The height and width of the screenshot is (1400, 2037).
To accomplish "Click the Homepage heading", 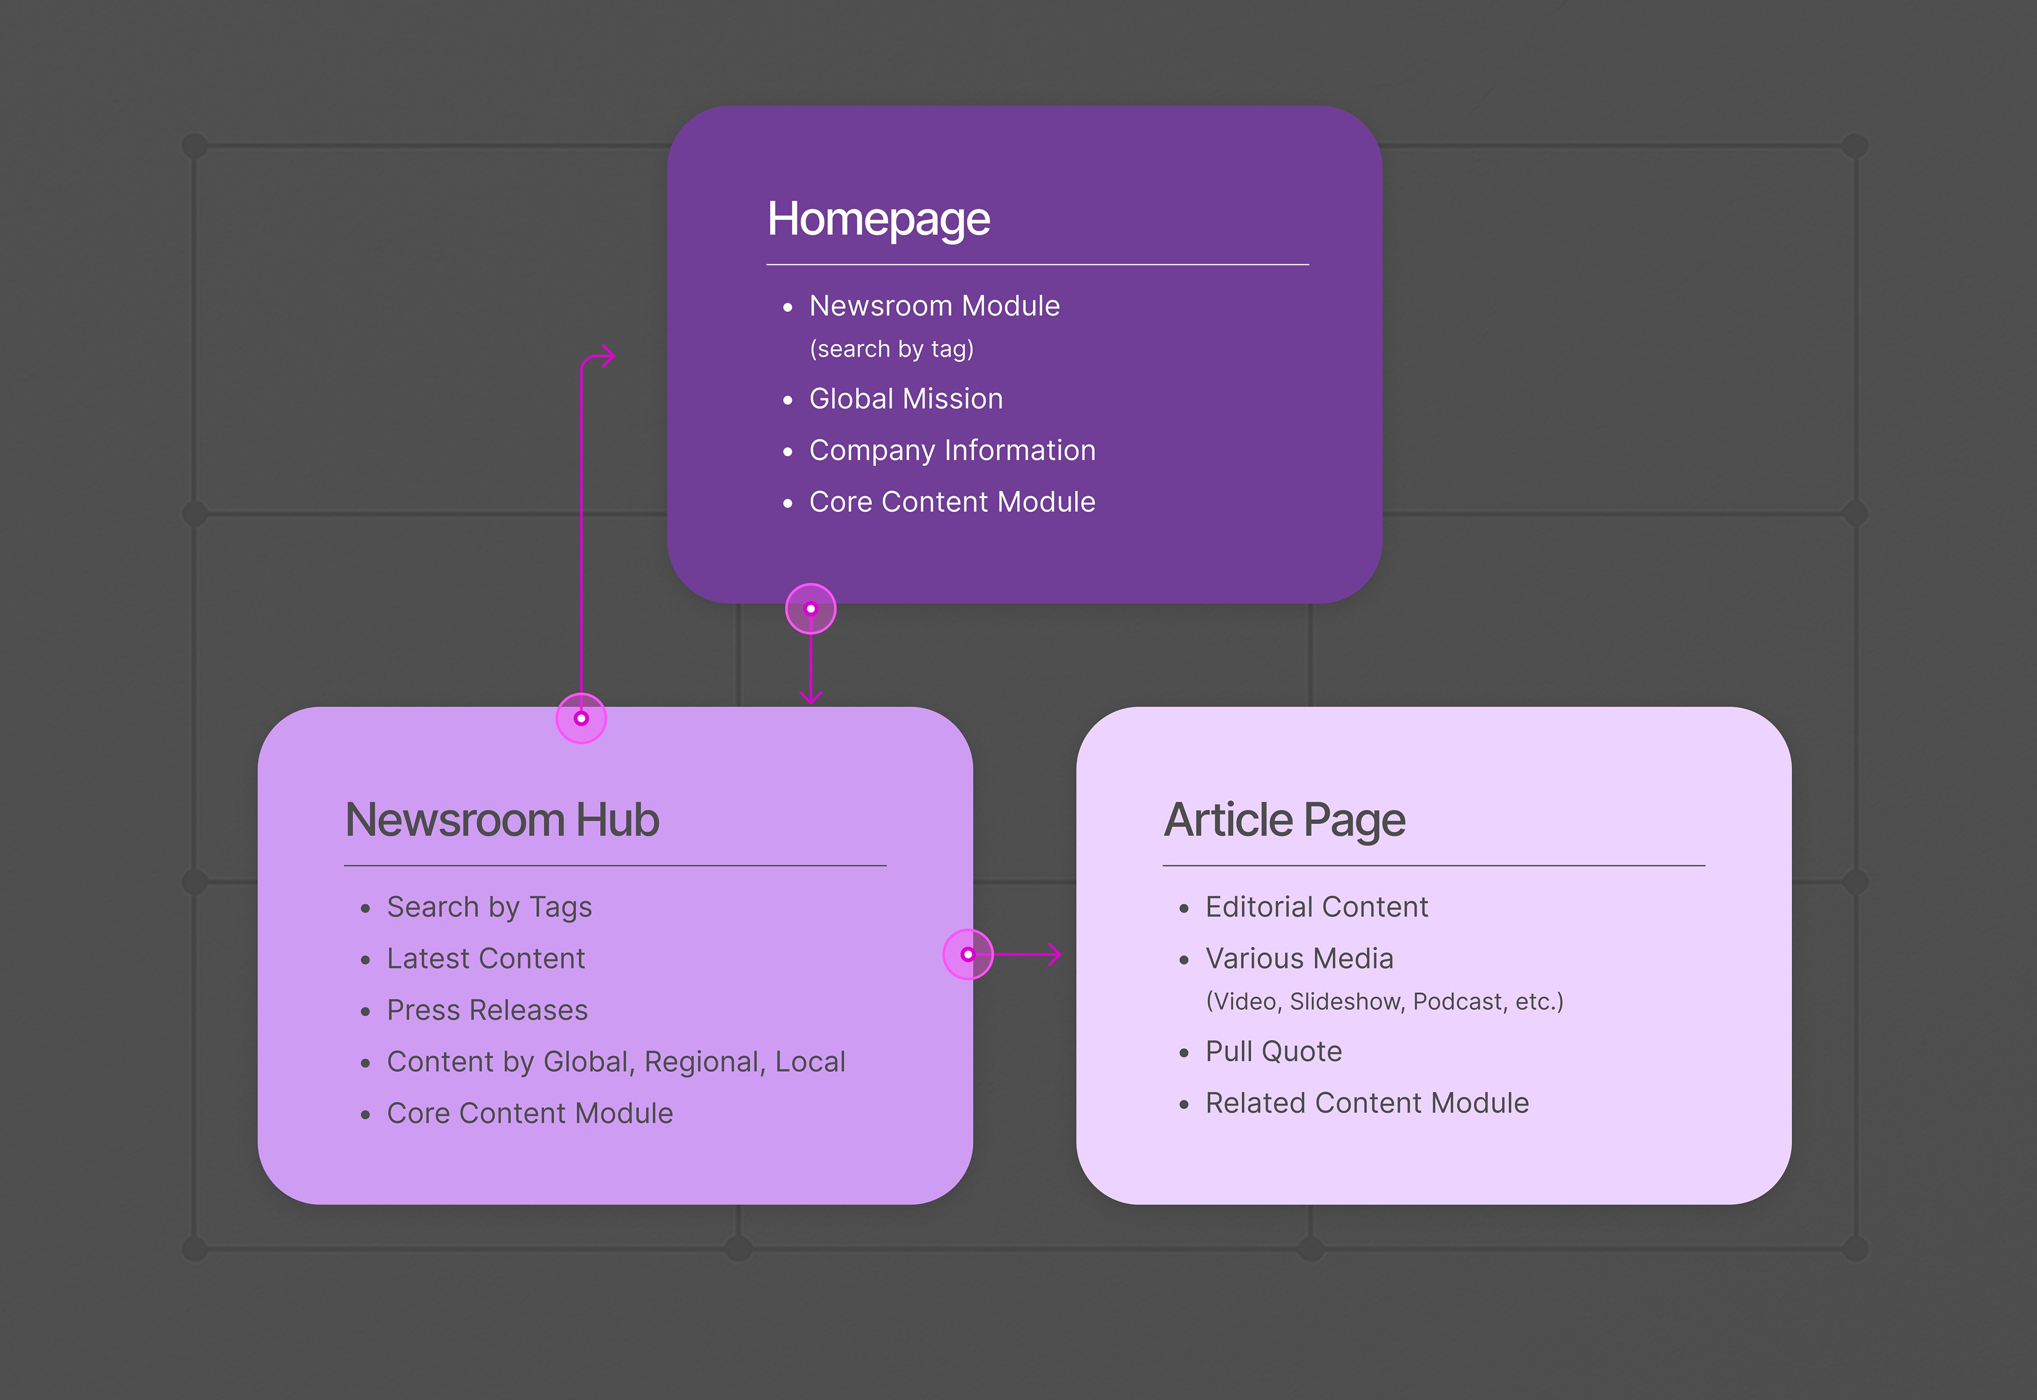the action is point(878,220).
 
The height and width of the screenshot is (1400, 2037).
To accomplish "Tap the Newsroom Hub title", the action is point(503,820).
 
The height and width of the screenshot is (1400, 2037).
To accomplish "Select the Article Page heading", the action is point(1285,821).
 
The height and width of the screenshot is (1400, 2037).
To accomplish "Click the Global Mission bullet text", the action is point(906,399).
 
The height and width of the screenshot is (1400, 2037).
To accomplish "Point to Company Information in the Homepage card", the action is point(952,451).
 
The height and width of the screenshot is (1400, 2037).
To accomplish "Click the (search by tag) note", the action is point(892,349).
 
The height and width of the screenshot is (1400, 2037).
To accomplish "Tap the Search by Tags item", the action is point(490,907).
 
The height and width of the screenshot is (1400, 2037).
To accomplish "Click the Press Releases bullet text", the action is point(487,1010).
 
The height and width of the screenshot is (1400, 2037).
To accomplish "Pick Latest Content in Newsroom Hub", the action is point(486,959).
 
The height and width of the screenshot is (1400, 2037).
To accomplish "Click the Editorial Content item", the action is point(1317,907).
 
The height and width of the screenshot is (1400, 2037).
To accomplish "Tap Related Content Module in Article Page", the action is point(1367,1104).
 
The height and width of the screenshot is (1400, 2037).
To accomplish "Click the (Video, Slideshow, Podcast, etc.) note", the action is point(1385,1002).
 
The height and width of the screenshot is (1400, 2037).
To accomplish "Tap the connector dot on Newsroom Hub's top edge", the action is point(582,718).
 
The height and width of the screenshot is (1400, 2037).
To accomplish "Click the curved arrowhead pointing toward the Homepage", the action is point(608,356).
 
